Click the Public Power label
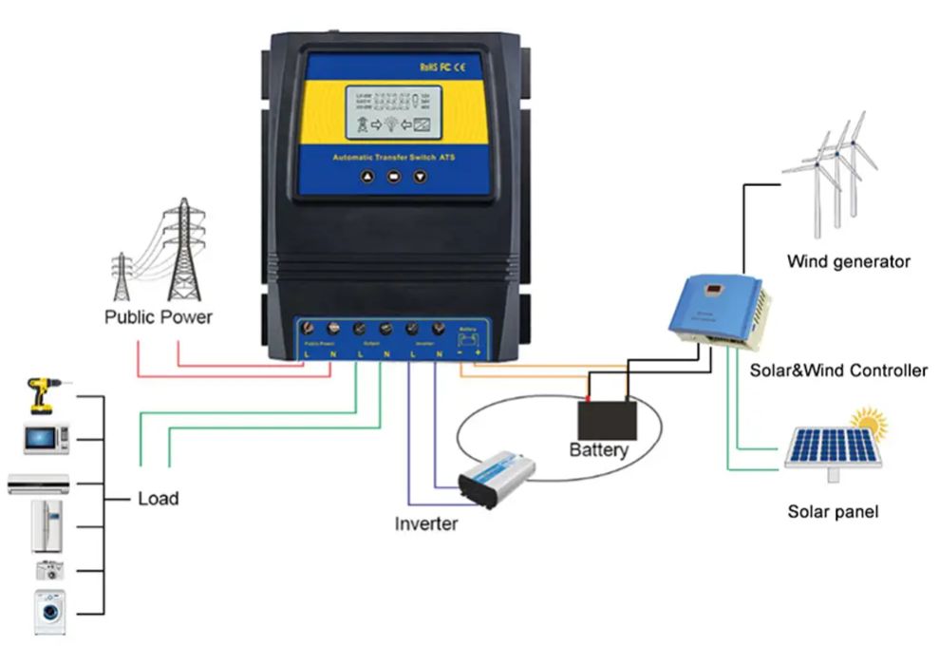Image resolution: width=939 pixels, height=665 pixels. (159, 316)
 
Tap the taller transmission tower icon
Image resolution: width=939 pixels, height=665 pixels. (184, 249)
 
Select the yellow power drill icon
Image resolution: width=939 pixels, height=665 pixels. (40, 394)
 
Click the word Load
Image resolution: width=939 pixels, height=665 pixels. (158, 498)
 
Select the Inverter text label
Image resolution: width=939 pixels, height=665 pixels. (426, 523)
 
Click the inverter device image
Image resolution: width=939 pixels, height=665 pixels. (496, 478)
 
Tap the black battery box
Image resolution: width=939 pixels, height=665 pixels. (608, 419)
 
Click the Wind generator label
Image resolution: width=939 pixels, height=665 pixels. (848, 261)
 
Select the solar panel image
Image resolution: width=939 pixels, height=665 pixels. (833, 447)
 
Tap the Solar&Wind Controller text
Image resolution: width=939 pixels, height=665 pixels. (837, 370)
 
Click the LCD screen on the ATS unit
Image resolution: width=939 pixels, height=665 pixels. (393, 113)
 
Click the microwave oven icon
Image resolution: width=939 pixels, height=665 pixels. (47, 438)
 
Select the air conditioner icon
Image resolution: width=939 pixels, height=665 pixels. (39, 483)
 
